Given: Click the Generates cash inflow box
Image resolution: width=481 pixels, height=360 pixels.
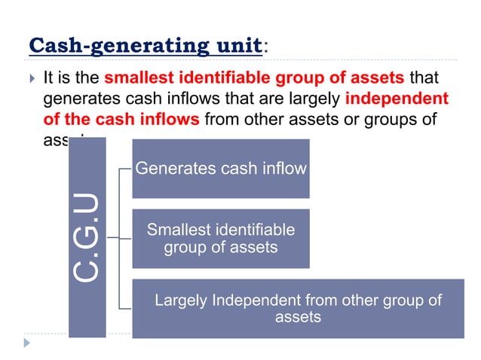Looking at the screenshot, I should (x=220, y=169).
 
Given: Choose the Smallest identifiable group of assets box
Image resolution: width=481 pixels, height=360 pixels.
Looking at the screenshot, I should (x=220, y=238).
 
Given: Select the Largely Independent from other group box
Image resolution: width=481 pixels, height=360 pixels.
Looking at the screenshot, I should (x=298, y=308).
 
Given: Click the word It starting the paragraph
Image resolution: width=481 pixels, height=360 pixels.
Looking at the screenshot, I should (x=51, y=78).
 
